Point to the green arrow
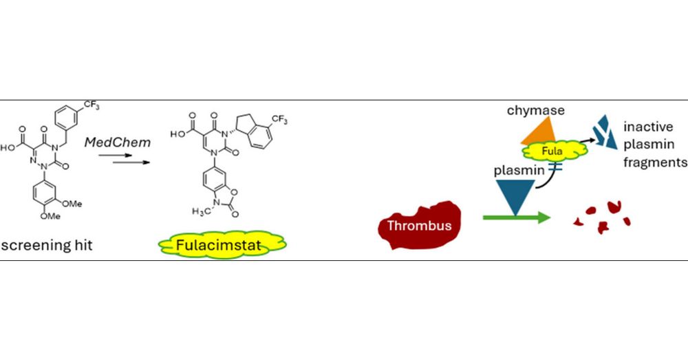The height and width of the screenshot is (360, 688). pos(516,218)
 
